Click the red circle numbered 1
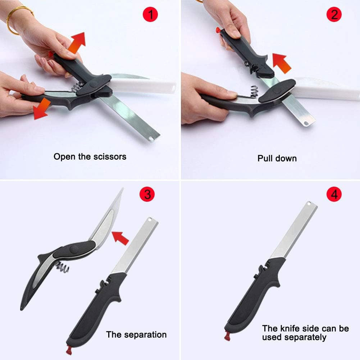tap(150, 15)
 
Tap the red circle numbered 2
tap(334, 15)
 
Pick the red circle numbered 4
tap(334, 195)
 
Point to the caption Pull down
tap(277, 158)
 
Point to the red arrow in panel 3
tap(120, 238)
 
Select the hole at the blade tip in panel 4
tap(308, 204)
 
